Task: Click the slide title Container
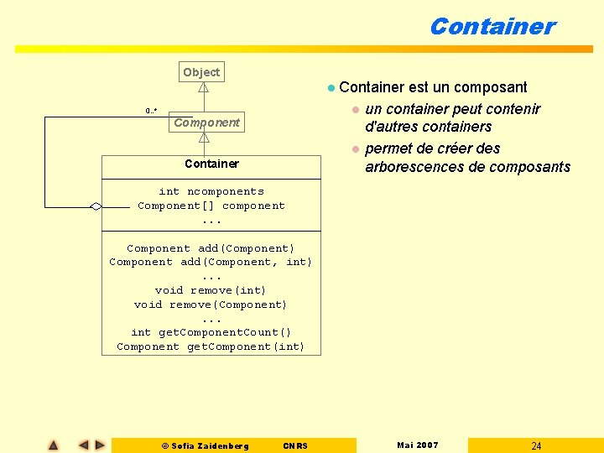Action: point(492,26)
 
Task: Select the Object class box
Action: point(201,72)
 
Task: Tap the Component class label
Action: point(206,122)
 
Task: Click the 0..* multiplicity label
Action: point(152,111)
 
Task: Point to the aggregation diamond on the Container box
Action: point(96,206)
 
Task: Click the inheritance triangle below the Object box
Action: point(203,86)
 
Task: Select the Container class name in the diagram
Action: point(211,164)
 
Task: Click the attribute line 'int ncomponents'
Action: point(211,191)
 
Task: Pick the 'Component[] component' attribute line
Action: point(211,206)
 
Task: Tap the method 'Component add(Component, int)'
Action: point(211,262)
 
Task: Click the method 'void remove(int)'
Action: point(211,290)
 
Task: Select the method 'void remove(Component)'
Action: point(211,305)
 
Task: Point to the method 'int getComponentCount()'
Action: point(211,332)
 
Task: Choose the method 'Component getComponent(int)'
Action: point(211,346)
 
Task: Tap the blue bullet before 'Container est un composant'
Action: point(331,87)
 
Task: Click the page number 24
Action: point(536,445)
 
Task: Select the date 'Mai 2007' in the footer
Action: point(417,445)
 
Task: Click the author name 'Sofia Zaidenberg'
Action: point(210,445)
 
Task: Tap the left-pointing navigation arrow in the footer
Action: point(83,445)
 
